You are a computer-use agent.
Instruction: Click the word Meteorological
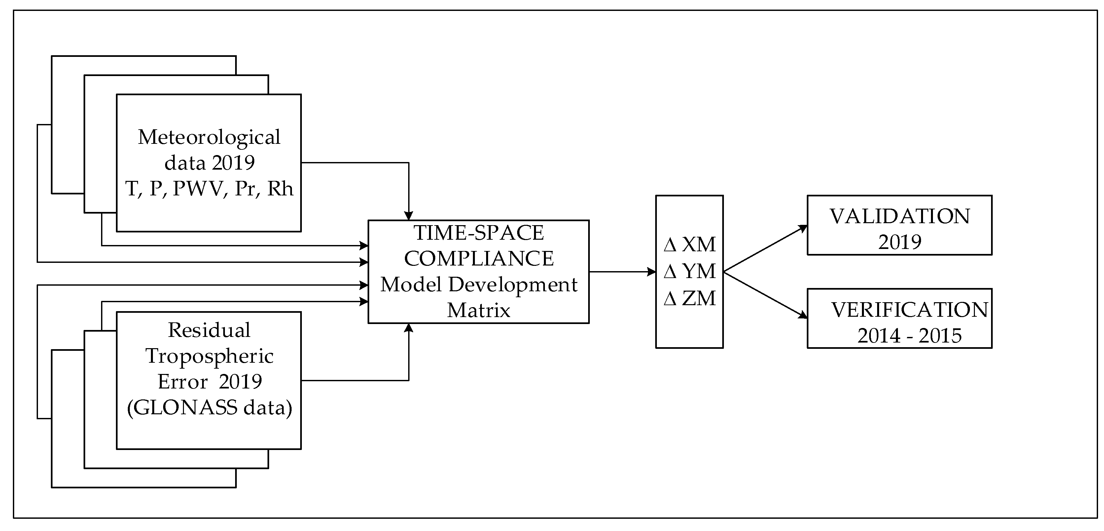(x=209, y=137)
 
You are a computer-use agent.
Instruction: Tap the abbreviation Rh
(x=280, y=189)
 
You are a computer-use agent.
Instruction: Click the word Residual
(x=209, y=330)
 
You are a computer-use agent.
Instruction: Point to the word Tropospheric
(x=209, y=356)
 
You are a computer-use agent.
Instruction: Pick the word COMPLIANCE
(x=479, y=259)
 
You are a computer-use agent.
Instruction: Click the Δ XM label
(x=690, y=244)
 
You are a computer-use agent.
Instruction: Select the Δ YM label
(x=690, y=271)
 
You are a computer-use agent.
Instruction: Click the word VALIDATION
(x=900, y=216)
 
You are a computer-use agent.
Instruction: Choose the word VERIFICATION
(x=909, y=310)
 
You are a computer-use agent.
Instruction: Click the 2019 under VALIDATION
(x=900, y=242)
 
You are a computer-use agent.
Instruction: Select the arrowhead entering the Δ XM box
(x=652, y=271)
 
